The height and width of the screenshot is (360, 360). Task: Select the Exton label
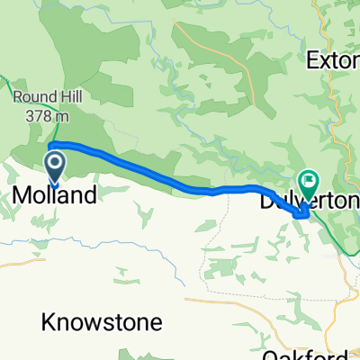point(333,62)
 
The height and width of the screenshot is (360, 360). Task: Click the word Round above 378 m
point(33,95)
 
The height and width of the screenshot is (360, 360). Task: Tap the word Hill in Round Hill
point(66,95)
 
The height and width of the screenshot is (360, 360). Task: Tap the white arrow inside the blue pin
point(55,162)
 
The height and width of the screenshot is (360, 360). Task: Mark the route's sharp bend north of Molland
point(50,145)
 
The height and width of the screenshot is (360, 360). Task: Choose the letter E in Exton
point(312,62)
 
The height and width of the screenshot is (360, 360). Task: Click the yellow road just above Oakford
point(270,301)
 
